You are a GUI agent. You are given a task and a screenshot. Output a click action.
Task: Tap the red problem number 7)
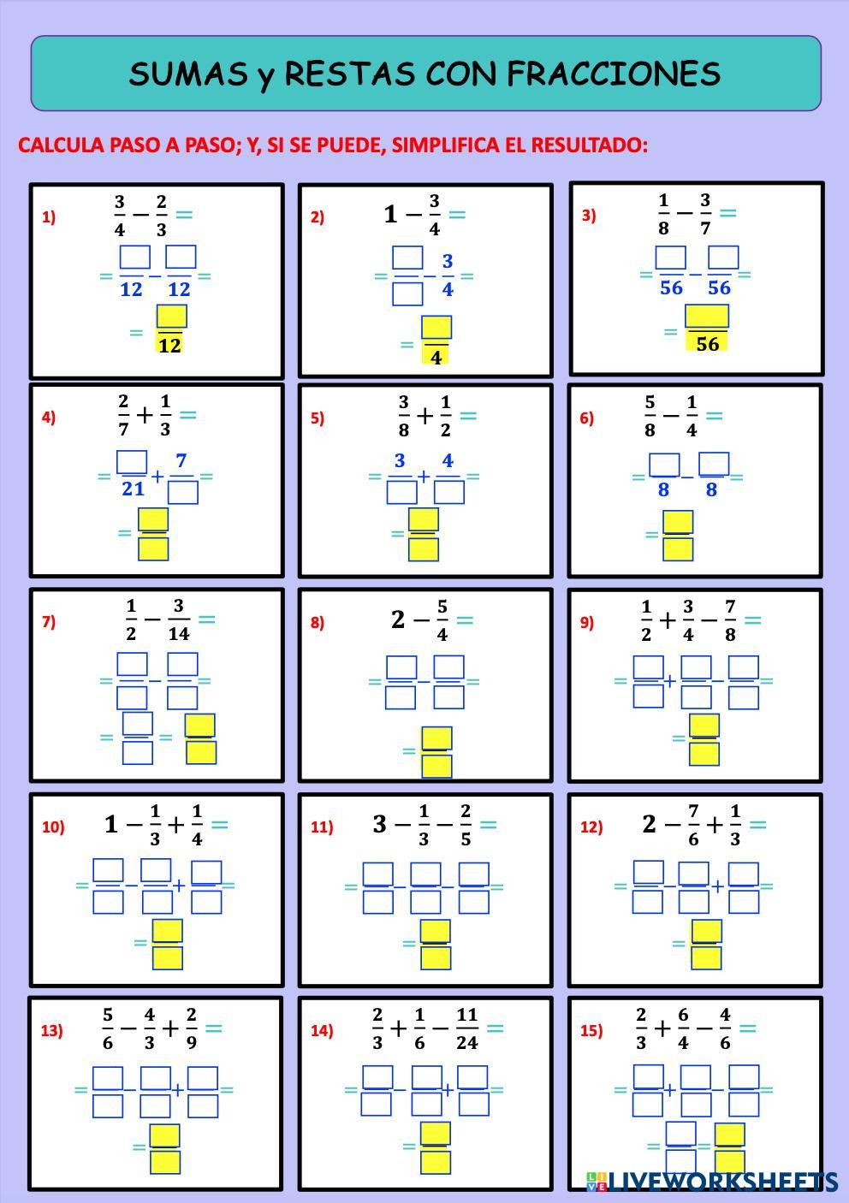[x=49, y=622]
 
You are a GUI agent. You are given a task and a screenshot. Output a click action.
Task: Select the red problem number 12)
[x=591, y=827]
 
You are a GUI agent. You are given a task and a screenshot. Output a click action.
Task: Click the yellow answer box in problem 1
[x=171, y=317]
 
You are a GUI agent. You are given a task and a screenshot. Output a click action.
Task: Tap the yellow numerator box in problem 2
[x=436, y=328]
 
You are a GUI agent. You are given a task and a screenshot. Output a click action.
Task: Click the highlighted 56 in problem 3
[x=707, y=344]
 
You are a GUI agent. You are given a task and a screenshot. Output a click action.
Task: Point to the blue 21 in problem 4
[x=133, y=489]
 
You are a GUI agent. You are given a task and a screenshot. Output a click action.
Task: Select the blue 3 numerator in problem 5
[x=400, y=461]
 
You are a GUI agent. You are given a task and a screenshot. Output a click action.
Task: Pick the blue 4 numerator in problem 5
[x=447, y=461]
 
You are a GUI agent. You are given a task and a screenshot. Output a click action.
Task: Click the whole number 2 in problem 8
[x=398, y=619]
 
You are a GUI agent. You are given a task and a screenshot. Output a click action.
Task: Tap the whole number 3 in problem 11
[x=380, y=824]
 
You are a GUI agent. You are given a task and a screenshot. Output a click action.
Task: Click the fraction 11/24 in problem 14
[x=466, y=1028]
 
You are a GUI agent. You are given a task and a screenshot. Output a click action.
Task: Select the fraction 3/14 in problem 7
[x=178, y=620]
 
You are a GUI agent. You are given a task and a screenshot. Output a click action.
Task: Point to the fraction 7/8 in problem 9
[x=730, y=620]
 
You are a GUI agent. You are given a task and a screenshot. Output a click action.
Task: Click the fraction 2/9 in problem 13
[x=191, y=1028]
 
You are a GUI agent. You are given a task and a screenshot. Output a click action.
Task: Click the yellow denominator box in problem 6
[x=678, y=548]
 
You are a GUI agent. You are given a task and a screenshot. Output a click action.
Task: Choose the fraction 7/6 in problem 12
[x=693, y=825]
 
